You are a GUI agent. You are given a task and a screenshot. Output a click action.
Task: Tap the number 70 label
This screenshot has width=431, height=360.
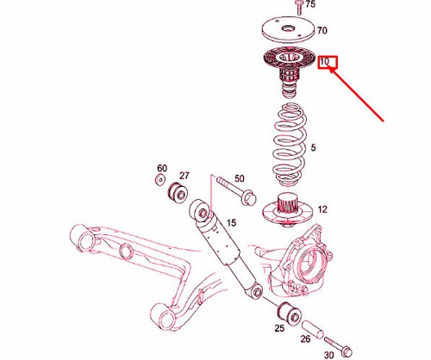pyautogui.click(x=322, y=30)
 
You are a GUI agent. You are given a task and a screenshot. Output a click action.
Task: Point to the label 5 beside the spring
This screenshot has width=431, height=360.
pyautogui.click(x=313, y=148)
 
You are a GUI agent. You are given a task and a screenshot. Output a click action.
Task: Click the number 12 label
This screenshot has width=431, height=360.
pyautogui.click(x=322, y=209)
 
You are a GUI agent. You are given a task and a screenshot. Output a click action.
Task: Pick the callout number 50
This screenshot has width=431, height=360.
pyautogui.click(x=240, y=177)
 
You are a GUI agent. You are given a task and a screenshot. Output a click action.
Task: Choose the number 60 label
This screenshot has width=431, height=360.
pyautogui.click(x=161, y=167)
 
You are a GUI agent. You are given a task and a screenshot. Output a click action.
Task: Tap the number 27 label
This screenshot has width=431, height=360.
pyautogui.click(x=183, y=175)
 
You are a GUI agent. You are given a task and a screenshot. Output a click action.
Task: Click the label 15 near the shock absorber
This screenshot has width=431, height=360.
pyautogui.click(x=230, y=224)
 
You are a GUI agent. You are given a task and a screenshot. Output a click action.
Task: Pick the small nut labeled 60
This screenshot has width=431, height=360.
pyautogui.click(x=160, y=180)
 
